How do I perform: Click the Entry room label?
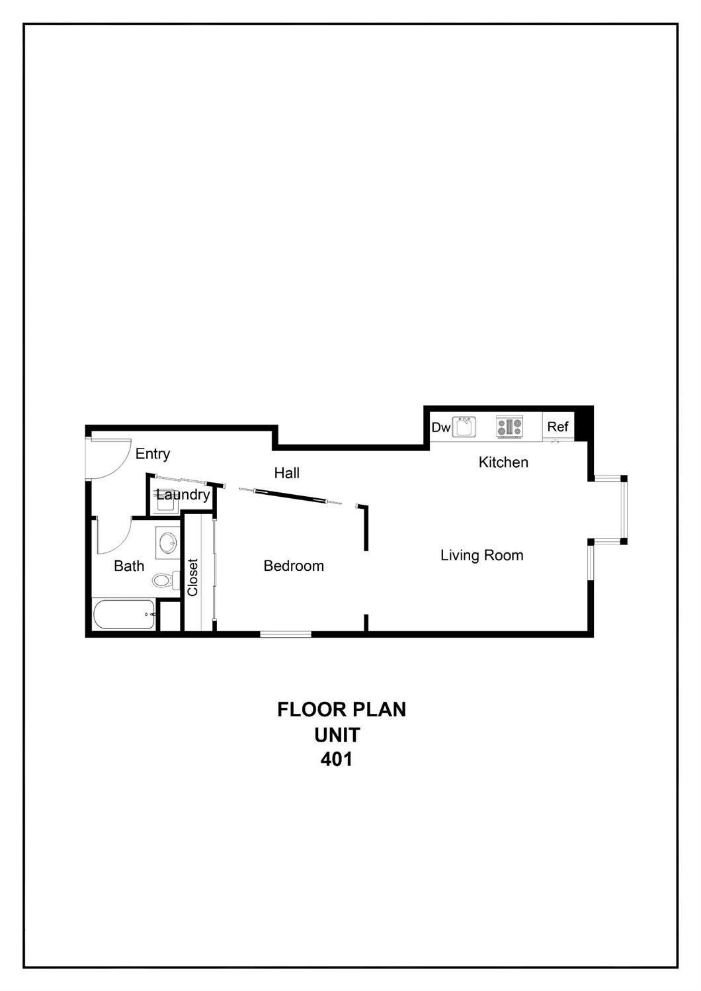(153, 454)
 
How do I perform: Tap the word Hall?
(287, 473)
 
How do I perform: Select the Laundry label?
(183, 495)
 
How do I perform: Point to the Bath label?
(129, 566)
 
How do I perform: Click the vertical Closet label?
(192, 578)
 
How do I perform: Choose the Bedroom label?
(294, 566)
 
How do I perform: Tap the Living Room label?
(481, 555)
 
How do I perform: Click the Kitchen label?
(503, 462)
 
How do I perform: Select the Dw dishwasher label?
(440, 427)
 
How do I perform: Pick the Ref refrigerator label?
(557, 427)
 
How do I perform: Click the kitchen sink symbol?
(464, 427)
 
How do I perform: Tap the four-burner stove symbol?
(509, 427)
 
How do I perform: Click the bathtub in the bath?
(124, 615)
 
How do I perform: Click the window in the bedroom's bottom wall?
(286, 634)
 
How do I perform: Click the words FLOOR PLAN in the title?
(341, 709)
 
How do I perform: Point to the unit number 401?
(337, 759)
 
